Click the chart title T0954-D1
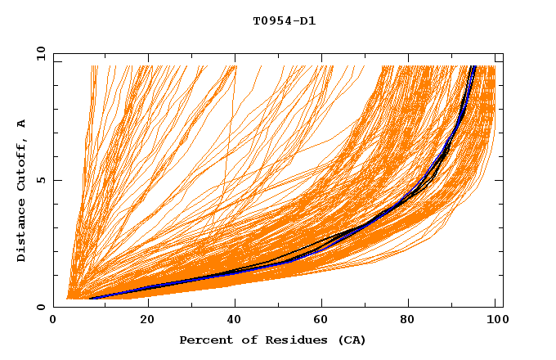pos(284,21)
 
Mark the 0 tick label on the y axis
pos(41,308)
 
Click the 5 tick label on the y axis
pos(41,180)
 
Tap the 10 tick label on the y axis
pos(38,53)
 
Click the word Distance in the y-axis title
pos(22,232)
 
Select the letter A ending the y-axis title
pos(22,124)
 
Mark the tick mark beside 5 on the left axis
pos(56,180)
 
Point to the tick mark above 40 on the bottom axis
pos(235,304)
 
